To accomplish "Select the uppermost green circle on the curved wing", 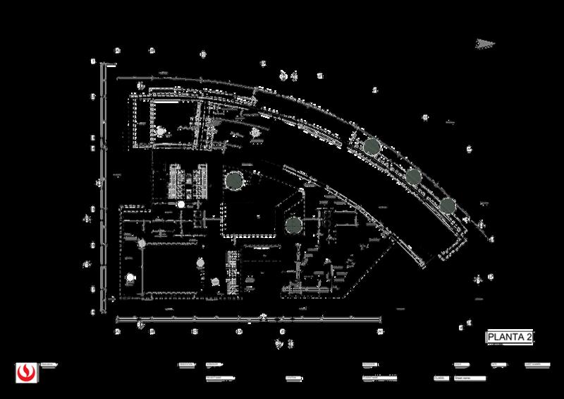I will (372, 146).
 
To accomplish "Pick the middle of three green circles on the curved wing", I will (413, 177).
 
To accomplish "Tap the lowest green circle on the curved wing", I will (448, 206).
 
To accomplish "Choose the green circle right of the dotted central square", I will (293, 226).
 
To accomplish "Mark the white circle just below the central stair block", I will (181, 205).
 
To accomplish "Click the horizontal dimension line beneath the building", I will (247, 322).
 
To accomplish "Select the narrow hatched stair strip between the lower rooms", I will (231, 272).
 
